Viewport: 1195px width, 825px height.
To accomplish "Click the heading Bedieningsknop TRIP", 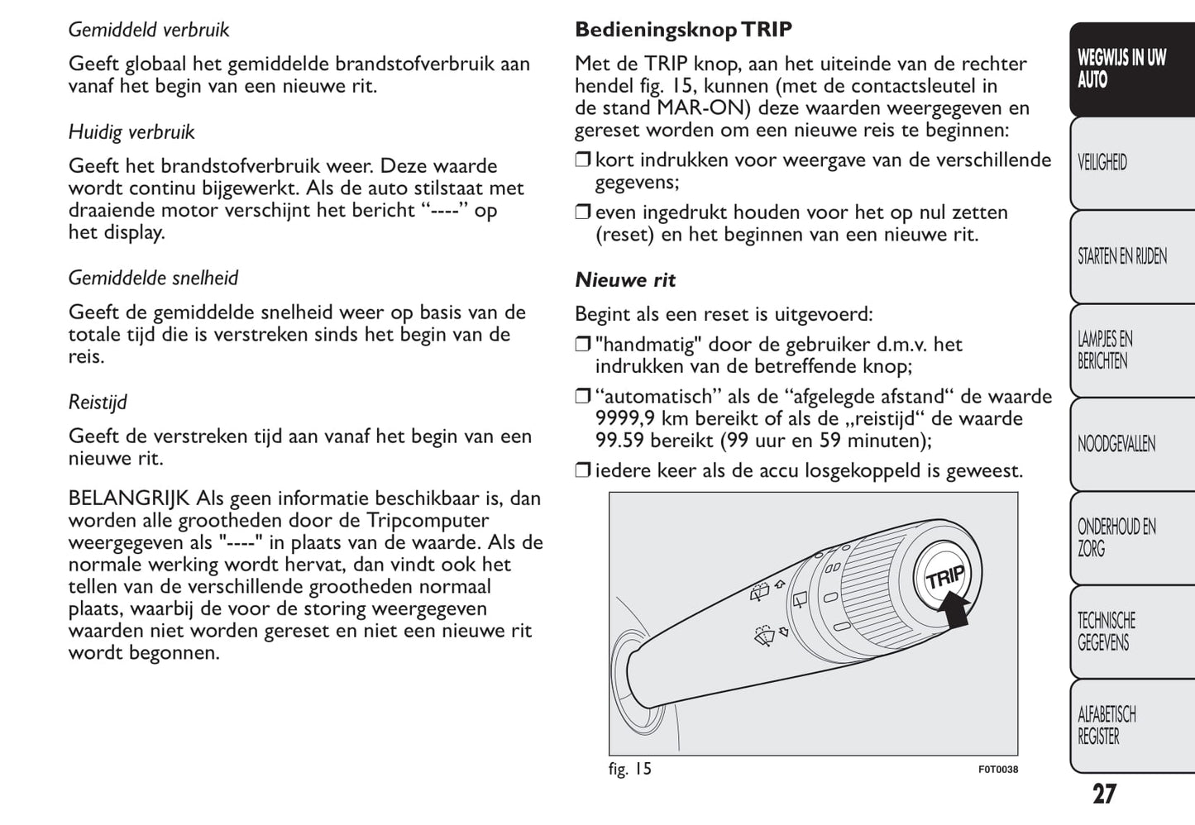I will [683, 30].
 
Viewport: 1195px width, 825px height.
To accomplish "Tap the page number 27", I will [1104, 794].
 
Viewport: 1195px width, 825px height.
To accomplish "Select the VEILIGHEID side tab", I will [1102, 162].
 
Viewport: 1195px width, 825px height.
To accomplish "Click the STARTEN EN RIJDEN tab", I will [1121, 256].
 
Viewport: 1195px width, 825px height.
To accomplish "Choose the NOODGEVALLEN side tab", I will [1116, 444].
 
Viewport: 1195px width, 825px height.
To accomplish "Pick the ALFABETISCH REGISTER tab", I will [1107, 725].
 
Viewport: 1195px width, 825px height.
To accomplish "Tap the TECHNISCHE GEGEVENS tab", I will [1107, 632].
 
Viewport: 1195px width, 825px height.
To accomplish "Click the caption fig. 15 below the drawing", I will [630, 769].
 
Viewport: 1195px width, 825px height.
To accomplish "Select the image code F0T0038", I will [997, 770].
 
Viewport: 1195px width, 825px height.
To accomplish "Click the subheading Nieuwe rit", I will [625, 280].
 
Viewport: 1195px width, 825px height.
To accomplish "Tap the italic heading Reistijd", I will [98, 403].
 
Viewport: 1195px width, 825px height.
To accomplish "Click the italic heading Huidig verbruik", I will [131, 132].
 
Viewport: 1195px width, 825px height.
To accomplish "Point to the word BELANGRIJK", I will [129, 498].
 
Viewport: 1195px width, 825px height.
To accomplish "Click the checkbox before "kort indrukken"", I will [582, 160].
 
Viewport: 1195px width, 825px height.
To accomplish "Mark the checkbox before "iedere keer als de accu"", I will [582, 471].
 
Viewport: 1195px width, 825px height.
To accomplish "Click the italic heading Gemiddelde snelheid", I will [153, 278].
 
